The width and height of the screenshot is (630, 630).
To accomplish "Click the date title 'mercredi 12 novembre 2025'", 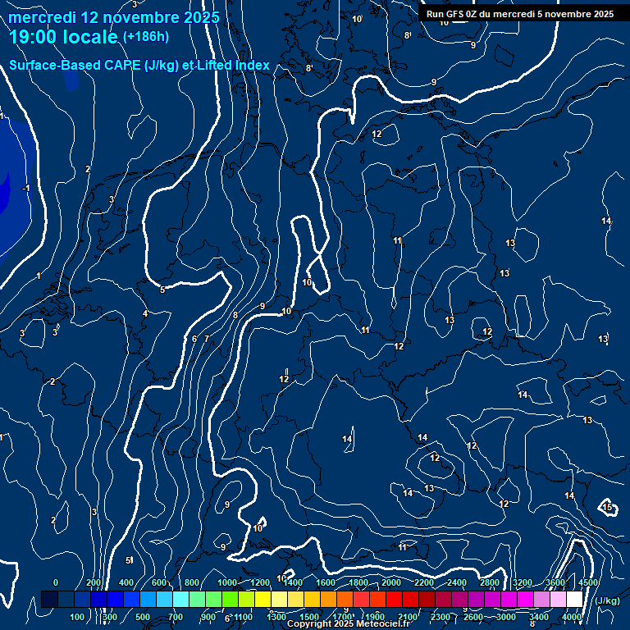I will [x=114, y=17].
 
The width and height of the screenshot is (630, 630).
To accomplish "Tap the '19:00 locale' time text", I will [x=63, y=37].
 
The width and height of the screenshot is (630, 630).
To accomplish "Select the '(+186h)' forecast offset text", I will [x=146, y=37].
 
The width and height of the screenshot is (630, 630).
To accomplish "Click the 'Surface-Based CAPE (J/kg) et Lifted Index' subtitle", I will [x=139, y=65].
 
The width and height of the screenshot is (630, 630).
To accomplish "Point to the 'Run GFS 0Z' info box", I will [x=520, y=14].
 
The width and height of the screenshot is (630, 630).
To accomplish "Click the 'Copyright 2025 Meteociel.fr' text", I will [x=348, y=624].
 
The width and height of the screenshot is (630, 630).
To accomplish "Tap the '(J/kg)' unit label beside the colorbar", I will [x=606, y=601].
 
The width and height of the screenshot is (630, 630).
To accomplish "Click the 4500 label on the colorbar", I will [x=588, y=582].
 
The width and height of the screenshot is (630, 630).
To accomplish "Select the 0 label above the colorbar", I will [x=56, y=582].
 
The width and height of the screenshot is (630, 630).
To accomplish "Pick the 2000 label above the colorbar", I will [x=391, y=582].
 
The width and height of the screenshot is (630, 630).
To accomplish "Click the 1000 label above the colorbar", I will [x=227, y=582].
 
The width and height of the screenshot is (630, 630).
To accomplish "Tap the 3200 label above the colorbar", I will [x=523, y=582].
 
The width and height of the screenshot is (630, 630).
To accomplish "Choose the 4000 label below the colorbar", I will [x=572, y=617].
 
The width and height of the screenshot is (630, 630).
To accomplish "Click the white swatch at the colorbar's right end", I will [x=574, y=600].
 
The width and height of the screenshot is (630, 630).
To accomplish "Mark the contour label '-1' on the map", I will [x=25, y=189].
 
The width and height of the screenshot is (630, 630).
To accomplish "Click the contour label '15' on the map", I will [x=608, y=508].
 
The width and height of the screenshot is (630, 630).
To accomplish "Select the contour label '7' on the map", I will [x=207, y=338].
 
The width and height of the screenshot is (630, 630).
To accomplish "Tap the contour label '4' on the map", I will [x=145, y=313].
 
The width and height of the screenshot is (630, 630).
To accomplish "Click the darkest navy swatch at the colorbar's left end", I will [x=49, y=600].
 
